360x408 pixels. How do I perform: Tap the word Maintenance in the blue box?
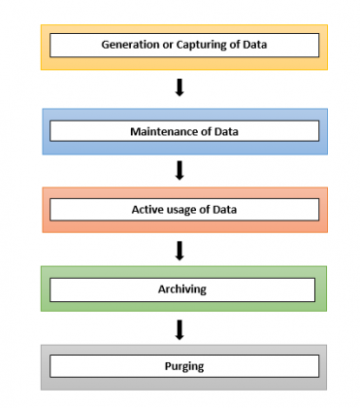point(160,129)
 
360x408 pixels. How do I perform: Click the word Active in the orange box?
point(147,209)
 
